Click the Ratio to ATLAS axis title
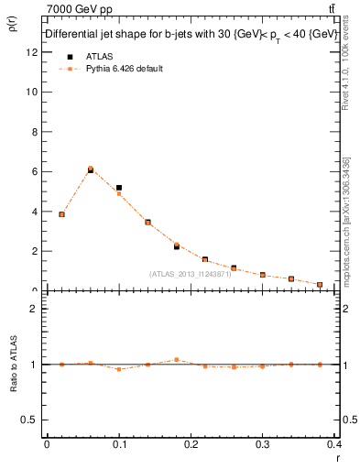tap(16, 364)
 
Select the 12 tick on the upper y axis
tap(33, 52)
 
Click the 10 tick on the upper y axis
tap(33, 92)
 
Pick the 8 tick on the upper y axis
tap(35, 132)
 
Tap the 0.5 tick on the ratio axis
tap(31, 420)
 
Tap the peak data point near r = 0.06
tap(90, 169)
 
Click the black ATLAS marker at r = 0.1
tap(119, 188)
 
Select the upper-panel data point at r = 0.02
tap(61, 214)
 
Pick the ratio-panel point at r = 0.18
tap(177, 360)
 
